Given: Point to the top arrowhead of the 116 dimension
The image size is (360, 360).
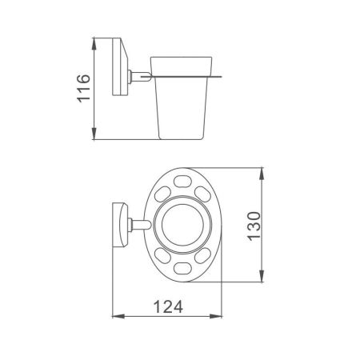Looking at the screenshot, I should pyautogui.click(x=96, y=40).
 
